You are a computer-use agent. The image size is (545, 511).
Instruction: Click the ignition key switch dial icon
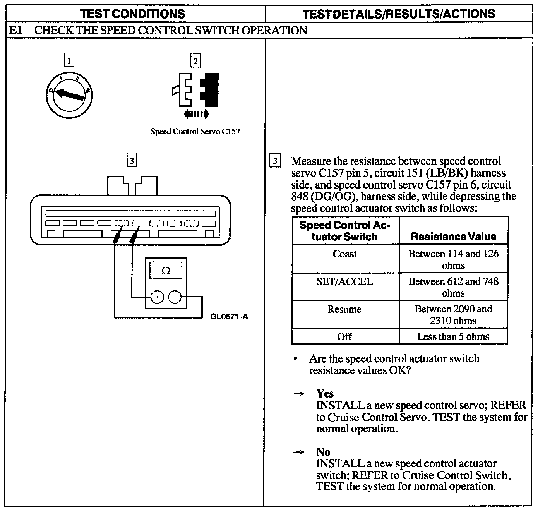69,94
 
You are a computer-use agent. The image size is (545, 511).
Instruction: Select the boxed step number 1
69,61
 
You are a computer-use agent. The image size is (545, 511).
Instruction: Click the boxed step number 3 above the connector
132,161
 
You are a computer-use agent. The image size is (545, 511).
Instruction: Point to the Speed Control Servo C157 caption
195,132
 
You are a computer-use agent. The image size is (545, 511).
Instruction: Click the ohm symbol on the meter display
165,271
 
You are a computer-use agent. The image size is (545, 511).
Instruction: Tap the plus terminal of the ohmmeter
157,297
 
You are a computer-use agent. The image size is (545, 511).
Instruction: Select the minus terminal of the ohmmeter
175,297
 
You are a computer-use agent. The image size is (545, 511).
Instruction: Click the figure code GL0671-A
229,317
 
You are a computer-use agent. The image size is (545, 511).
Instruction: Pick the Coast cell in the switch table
344,254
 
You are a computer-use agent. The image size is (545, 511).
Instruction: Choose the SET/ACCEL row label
344,281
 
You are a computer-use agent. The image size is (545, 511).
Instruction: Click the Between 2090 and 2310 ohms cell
453,314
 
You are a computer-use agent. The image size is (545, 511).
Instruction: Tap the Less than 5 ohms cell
453,336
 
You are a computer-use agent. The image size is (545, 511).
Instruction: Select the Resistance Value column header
453,237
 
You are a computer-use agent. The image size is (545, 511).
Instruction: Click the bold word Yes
325,394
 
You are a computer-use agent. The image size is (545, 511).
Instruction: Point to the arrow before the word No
298,452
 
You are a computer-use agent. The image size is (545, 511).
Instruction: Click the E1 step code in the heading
15,31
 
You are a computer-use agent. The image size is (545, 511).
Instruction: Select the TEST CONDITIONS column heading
132,14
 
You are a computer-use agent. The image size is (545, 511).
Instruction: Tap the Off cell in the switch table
344,336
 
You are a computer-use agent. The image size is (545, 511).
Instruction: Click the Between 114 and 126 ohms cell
453,259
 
